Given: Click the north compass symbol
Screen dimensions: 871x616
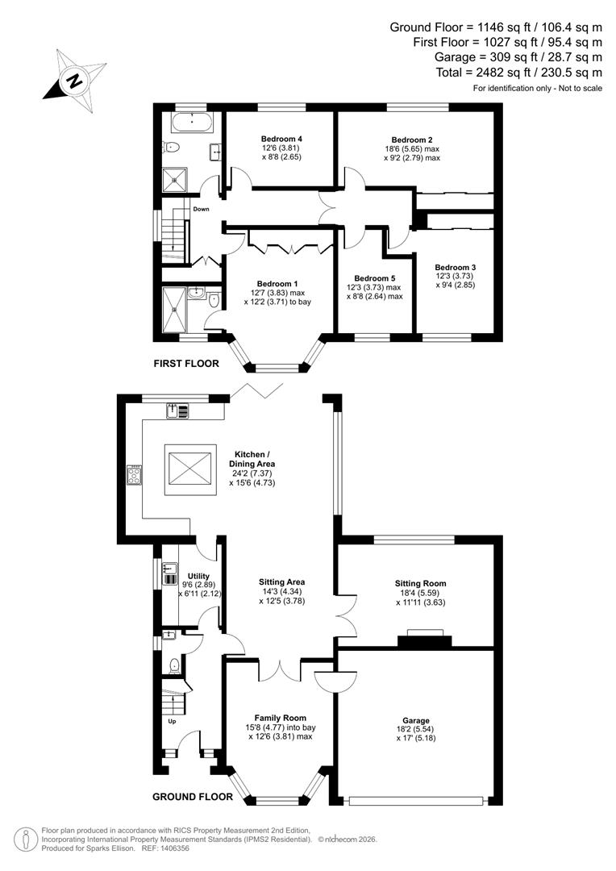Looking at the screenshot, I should pyautogui.click(x=76, y=80).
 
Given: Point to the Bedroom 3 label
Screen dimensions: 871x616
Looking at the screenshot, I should pyautogui.click(x=455, y=267).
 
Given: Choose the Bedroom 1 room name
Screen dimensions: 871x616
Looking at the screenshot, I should pyautogui.click(x=277, y=283).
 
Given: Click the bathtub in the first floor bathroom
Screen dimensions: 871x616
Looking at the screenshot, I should pyautogui.click(x=192, y=123).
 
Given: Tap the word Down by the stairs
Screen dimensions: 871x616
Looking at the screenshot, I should pyautogui.click(x=201, y=209).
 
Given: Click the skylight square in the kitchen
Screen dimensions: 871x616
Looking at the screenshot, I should pyautogui.click(x=190, y=470).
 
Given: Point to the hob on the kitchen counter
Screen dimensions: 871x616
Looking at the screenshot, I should pyautogui.click(x=134, y=476).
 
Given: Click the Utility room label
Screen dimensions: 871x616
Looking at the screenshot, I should pyautogui.click(x=198, y=576).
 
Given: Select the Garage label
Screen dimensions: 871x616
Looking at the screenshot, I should pyautogui.click(x=417, y=720).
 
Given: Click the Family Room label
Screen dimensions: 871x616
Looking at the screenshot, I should pyautogui.click(x=280, y=717).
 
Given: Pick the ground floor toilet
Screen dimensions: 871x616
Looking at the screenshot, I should pyautogui.click(x=175, y=665).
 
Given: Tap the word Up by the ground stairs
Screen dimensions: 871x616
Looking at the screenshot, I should pyautogui.click(x=172, y=721).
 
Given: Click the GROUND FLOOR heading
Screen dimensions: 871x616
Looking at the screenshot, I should pyautogui.click(x=193, y=797).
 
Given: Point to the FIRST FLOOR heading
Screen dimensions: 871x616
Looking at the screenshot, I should pyautogui.click(x=186, y=364).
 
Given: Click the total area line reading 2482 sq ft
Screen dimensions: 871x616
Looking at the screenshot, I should pyautogui.click(x=496, y=72).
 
